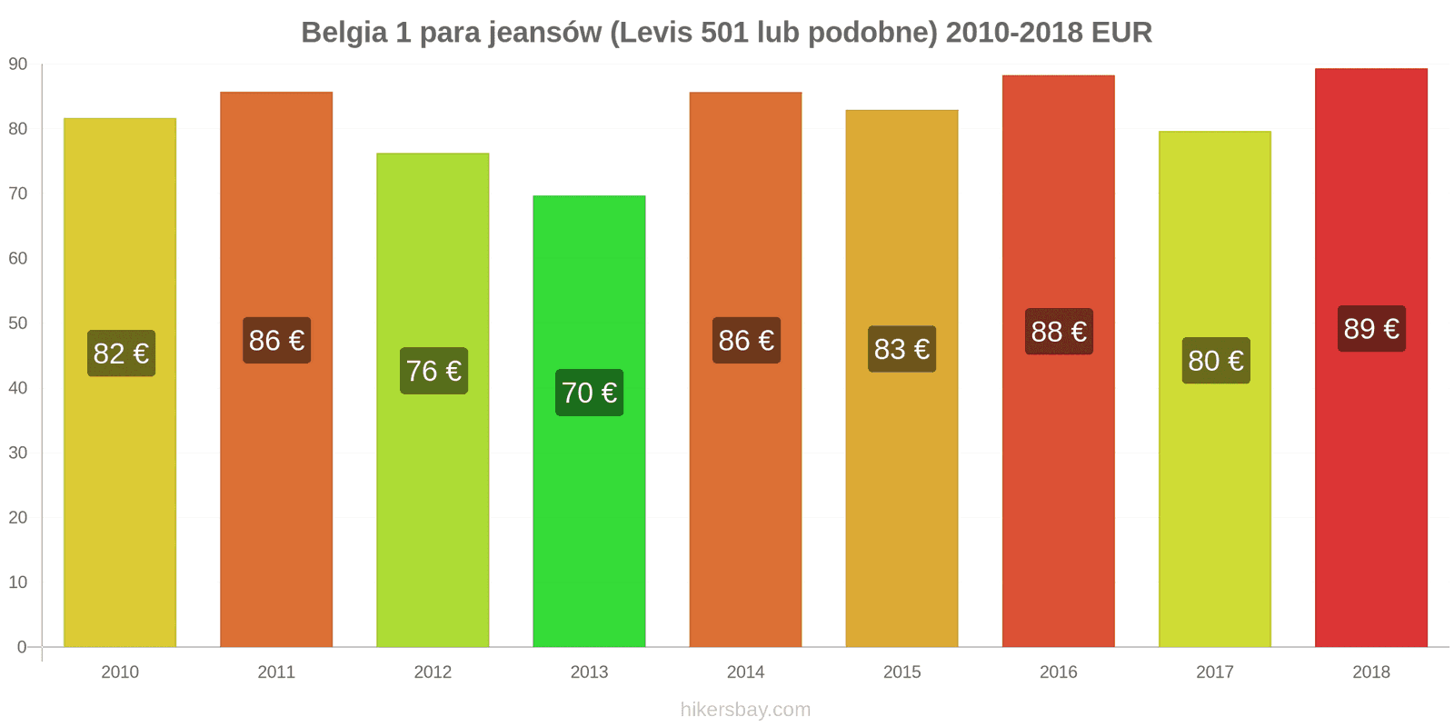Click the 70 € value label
coord(589,393)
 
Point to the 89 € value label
coord(1371,329)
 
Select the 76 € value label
coord(433,371)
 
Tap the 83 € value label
coord(901,349)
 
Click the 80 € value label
coord(1216,361)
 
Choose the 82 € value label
coord(121,354)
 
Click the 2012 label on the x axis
coord(433,672)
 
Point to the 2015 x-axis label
coord(901,672)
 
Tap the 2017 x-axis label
coord(1214,672)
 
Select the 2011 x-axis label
coord(276,672)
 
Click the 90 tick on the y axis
coord(18,65)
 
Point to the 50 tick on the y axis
coord(18,324)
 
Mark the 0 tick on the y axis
coord(22,647)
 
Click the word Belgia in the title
coord(343,33)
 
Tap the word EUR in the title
coord(1121,33)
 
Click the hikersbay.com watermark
coord(745,710)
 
